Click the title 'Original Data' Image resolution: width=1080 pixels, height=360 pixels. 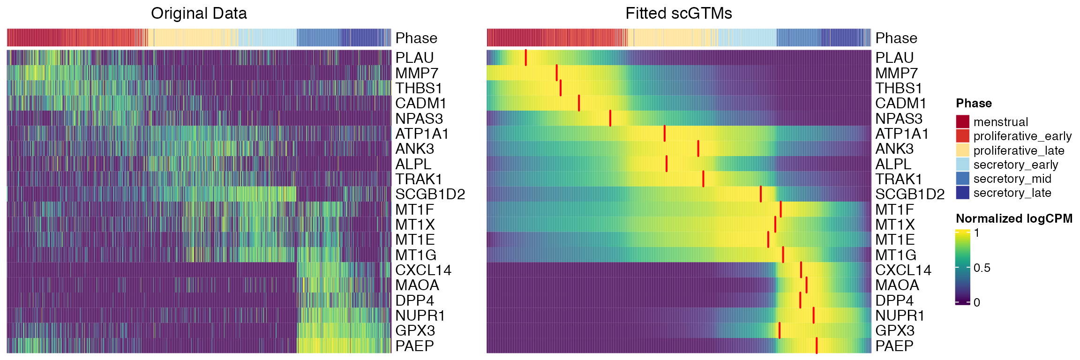point(199,14)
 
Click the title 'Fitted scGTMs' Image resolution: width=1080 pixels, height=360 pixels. point(678,14)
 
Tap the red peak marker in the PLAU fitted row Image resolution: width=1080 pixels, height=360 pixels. point(526,58)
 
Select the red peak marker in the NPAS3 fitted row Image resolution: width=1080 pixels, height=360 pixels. point(610,118)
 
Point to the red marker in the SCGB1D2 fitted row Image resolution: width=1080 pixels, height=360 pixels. point(761,194)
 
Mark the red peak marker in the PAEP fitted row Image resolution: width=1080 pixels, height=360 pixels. point(817,345)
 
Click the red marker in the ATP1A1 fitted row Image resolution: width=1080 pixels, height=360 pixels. point(665,134)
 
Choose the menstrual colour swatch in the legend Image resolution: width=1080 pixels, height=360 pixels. point(962,122)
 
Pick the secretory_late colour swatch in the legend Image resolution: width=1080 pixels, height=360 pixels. point(962,193)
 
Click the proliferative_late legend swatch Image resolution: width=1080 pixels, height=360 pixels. point(962,150)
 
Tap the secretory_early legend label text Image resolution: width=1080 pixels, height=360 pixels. point(1016,165)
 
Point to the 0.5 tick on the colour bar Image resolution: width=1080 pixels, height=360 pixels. point(982,268)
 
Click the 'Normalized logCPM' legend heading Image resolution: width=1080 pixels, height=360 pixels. point(1014,218)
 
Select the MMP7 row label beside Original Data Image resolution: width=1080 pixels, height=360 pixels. point(417,73)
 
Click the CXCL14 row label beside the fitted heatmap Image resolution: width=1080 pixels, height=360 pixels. point(903,270)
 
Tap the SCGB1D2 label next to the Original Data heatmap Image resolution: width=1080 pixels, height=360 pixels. point(430,194)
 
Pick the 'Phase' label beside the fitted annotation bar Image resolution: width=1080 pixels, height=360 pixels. point(896,38)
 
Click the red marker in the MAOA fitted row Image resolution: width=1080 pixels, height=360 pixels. point(806,285)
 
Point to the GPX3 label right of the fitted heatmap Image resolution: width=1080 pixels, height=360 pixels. point(894,330)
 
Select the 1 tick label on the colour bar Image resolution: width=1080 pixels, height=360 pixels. point(977,233)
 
